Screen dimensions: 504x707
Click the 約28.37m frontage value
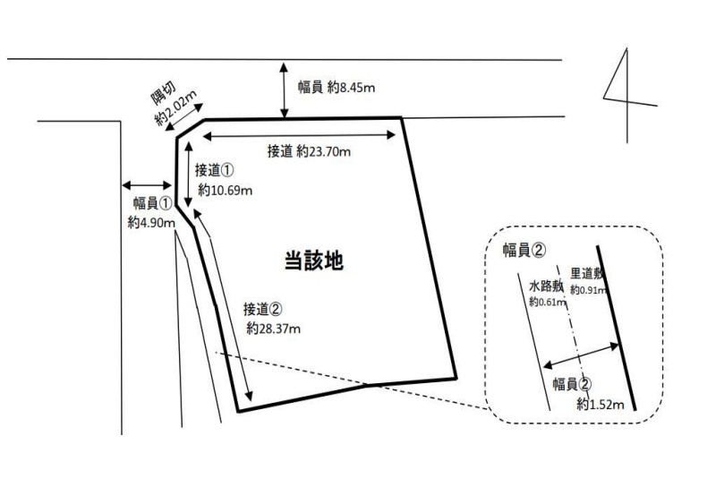273,329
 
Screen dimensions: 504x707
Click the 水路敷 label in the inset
545,286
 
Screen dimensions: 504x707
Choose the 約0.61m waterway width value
546,303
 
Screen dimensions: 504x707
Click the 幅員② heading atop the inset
524,250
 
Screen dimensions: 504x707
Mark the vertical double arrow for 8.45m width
284,90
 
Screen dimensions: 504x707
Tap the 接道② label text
263,310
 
